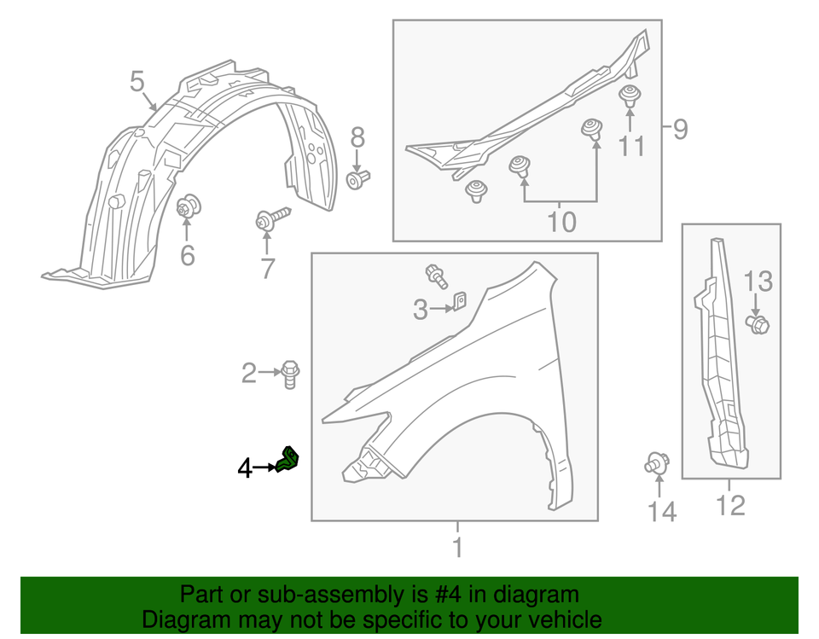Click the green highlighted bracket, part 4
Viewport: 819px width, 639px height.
pyautogui.click(x=289, y=460)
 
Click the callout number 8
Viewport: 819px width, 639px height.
pyautogui.click(x=357, y=137)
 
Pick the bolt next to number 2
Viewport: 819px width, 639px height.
pyautogui.click(x=288, y=375)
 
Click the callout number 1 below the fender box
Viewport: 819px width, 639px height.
pyautogui.click(x=457, y=547)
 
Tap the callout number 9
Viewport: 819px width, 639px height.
pyautogui.click(x=679, y=129)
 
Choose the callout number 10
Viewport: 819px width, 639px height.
pyautogui.click(x=561, y=223)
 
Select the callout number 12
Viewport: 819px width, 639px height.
pyautogui.click(x=730, y=505)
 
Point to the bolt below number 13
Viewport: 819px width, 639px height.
pyautogui.click(x=758, y=324)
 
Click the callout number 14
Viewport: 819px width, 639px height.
pyautogui.click(x=661, y=512)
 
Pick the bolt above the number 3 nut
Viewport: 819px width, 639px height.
pyautogui.click(x=438, y=275)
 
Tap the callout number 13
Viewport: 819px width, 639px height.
pyautogui.click(x=758, y=280)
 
